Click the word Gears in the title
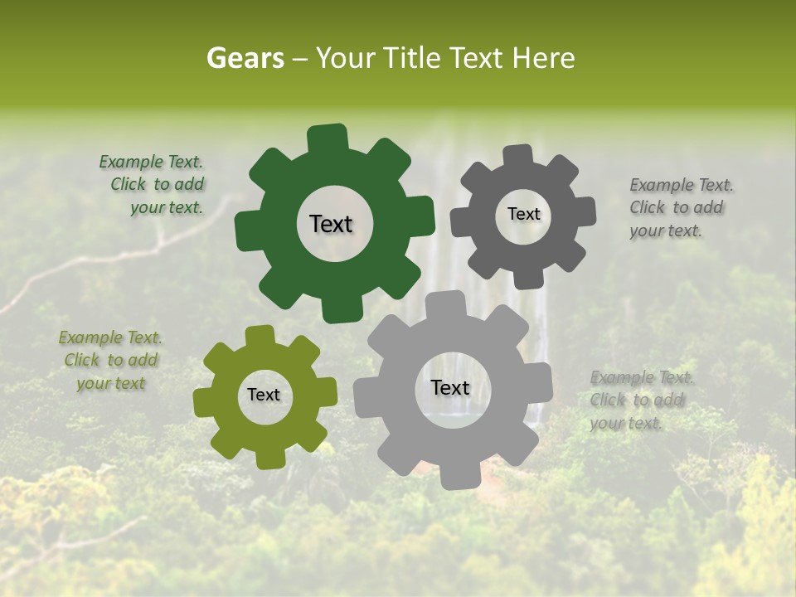tap(245, 58)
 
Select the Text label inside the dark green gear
tap(331, 224)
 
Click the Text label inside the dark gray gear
tap(523, 214)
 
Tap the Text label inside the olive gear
tap(264, 396)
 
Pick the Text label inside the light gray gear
tap(450, 388)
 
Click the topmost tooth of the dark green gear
tap(328, 138)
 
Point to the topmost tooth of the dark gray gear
tap(518, 156)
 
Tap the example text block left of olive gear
tap(110, 361)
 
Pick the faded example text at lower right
tap(640, 400)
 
